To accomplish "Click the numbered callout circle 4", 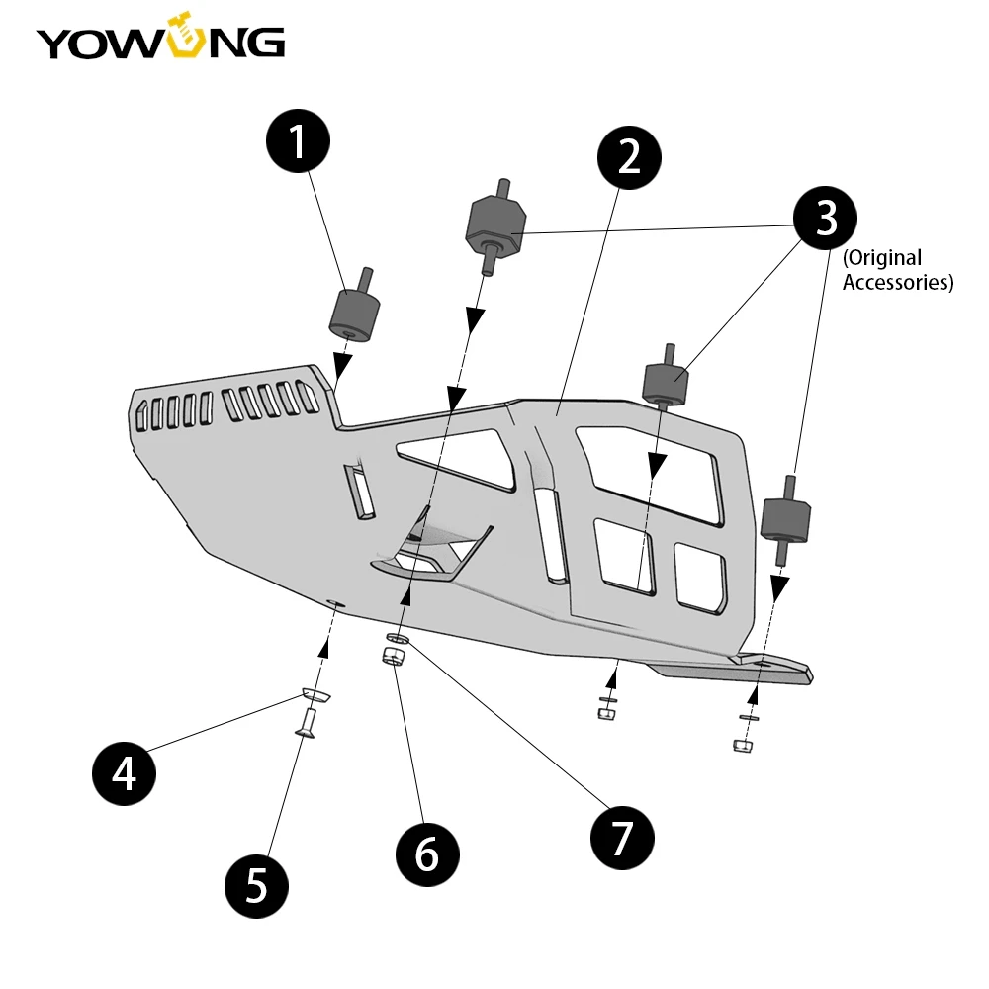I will click(125, 772).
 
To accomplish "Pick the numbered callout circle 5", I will click(256, 885).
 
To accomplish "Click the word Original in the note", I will click(882, 259).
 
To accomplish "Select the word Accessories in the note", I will click(896, 283).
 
